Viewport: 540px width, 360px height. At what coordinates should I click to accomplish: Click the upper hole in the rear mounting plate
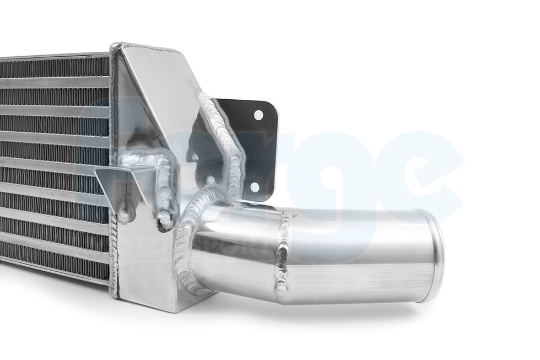click(x=257, y=115)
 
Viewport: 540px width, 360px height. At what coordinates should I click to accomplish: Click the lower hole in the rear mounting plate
click(x=255, y=187)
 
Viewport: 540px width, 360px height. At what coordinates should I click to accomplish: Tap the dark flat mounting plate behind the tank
click(x=259, y=149)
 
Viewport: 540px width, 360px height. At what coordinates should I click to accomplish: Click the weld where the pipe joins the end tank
click(x=187, y=243)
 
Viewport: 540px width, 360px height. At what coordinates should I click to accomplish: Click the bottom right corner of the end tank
click(x=182, y=309)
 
